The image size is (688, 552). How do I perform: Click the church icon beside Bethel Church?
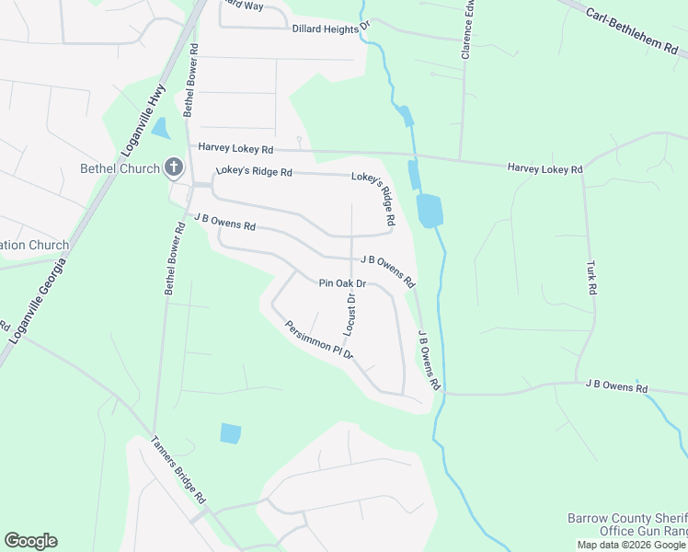pos(173,167)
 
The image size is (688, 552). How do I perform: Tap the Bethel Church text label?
pos(120,168)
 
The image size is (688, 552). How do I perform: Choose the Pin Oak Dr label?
pos(342,284)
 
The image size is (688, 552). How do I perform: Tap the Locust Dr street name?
pos(350,313)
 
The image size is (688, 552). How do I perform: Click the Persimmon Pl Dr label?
pos(319,339)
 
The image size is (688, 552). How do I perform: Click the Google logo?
pos(30,541)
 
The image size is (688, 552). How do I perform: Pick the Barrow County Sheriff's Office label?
pos(626,525)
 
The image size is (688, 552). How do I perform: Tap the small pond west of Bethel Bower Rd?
pos(161,128)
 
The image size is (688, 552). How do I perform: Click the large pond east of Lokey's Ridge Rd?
pos(429,211)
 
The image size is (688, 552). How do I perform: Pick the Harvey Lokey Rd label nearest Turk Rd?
pos(545,169)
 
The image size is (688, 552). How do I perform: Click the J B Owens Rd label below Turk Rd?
pos(616,387)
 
